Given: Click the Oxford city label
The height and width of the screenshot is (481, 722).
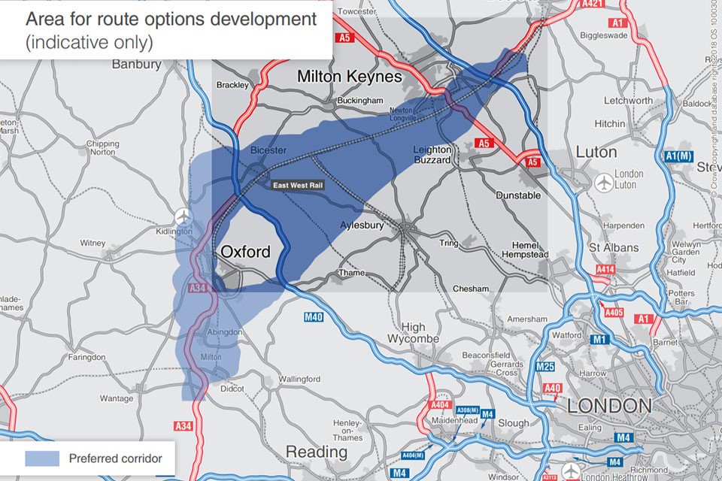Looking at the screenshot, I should pos(244,252).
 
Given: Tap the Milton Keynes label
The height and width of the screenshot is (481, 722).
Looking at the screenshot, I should pos(350,77).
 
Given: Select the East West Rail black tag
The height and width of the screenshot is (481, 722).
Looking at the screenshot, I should pos(298,184).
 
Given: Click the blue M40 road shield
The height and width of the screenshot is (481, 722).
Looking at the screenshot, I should pos(314,317).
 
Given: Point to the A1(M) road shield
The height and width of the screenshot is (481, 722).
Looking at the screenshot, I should pos(678,156).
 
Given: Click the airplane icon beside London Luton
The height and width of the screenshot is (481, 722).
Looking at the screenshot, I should pos(603,182).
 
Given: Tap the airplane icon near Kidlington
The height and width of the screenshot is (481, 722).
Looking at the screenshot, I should pos(183,216).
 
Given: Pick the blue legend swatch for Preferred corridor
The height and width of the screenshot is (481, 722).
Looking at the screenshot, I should pos(42,458).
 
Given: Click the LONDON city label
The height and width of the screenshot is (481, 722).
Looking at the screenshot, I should pos(609,407).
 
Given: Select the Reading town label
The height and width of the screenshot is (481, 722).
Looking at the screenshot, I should pos(316,452).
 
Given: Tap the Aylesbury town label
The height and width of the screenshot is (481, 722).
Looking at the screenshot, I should pos(362,225).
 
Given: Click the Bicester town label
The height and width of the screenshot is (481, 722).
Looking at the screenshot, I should pos(268,150).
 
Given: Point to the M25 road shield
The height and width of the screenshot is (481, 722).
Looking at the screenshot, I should pos(545,367).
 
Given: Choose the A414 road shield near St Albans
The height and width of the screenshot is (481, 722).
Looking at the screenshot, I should pos(606,268).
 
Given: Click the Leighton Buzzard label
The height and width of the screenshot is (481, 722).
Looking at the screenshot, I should pos(432,155).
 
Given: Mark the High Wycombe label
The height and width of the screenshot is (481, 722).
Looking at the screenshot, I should pos(413,333).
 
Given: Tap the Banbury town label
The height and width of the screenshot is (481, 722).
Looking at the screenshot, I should pos(137,64).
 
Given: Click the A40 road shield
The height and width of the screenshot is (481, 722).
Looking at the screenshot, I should pos(552,388).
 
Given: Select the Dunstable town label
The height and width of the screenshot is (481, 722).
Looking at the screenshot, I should pos(518,195).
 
